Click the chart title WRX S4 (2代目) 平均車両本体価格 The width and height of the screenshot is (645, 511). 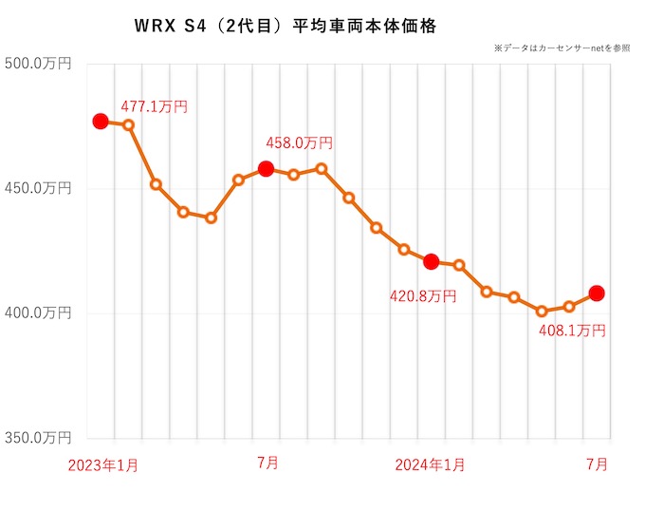(286, 27)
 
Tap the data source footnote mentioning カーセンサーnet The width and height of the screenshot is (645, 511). (562, 48)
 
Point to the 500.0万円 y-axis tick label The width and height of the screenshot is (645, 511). (38, 64)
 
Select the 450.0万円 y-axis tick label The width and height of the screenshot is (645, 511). (38, 188)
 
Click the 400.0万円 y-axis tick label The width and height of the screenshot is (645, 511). (38, 312)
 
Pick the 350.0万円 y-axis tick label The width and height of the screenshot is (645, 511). (38, 438)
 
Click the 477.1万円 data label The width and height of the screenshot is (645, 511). (155, 106)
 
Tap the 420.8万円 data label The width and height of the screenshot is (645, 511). (423, 296)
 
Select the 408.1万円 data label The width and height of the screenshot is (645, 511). (572, 331)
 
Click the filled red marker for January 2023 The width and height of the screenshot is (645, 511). (101, 121)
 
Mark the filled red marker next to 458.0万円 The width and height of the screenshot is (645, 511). (266, 169)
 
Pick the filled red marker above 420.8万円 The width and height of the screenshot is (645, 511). (431, 261)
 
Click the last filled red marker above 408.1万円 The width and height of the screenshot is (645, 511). (597, 293)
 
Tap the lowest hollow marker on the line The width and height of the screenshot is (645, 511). (542, 311)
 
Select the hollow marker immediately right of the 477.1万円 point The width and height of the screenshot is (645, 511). (128, 124)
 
